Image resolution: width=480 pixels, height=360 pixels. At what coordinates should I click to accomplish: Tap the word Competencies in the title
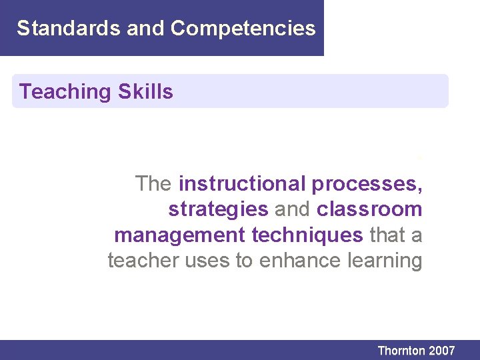(243, 28)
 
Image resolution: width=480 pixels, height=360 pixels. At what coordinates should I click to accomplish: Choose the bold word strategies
(218, 209)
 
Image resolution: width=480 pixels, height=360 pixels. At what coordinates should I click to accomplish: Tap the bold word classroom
(369, 209)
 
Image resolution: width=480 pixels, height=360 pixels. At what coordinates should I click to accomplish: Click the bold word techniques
(307, 235)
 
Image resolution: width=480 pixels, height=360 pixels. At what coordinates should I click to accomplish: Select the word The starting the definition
(154, 183)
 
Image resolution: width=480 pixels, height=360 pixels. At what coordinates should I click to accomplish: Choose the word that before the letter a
(387, 235)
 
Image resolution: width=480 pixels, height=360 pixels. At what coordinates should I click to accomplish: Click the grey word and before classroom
(293, 209)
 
